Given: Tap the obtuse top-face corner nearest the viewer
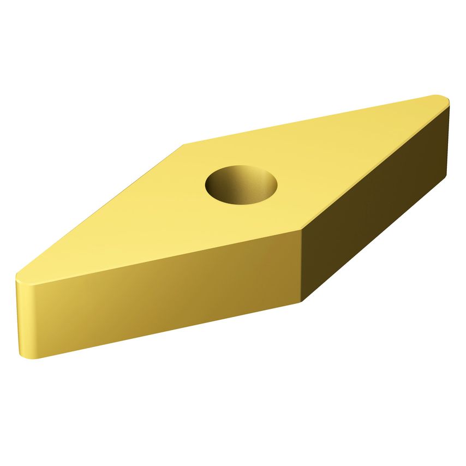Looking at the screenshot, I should coord(302,230).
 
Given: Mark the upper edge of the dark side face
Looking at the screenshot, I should coord(377,166).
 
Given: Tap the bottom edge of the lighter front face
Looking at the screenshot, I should coord(164,330).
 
